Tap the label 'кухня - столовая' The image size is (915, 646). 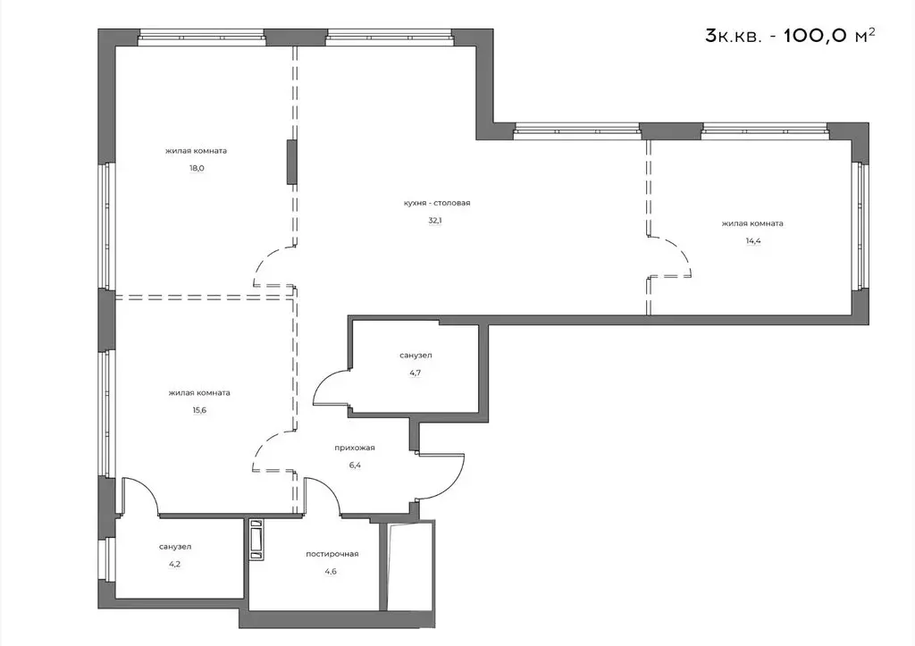click(436, 203)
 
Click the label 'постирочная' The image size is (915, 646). click(332, 554)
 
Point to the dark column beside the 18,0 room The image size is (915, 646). click(291, 162)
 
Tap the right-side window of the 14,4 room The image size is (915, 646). click(863, 228)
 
